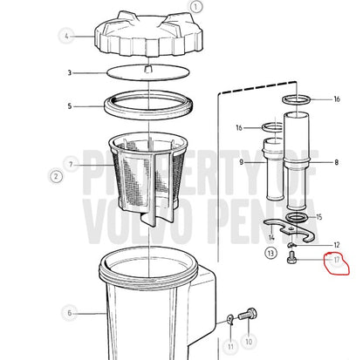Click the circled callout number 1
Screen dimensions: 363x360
pyautogui.click(x=195, y=7)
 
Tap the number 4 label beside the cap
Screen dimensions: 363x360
pyautogui.click(x=66, y=37)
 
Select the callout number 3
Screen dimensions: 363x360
pyautogui.click(x=70, y=72)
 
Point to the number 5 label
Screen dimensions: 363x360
pyautogui.click(x=70, y=106)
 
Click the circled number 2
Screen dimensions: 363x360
pyautogui.click(x=56, y=176)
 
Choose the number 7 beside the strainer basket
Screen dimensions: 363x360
pyautogui.click(x=71, y=165)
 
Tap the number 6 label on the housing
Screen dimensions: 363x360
pyautogui.click(x=70, y=313)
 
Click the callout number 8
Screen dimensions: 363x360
pyautogui.click(x=337, y=162)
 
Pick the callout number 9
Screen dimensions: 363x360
pyautogui.click(x=241, y=162)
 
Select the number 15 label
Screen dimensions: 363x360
pyautogui.click(x=319, y=217)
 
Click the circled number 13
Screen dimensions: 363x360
pyautogui.click(x=271, y=253)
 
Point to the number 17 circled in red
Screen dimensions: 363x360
pyautogui.click(x=337, y=260)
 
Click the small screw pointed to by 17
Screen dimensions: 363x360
pyautogui.click(x=291, y=258)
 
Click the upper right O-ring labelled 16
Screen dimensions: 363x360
pyautogui.click(x=297, y=99)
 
